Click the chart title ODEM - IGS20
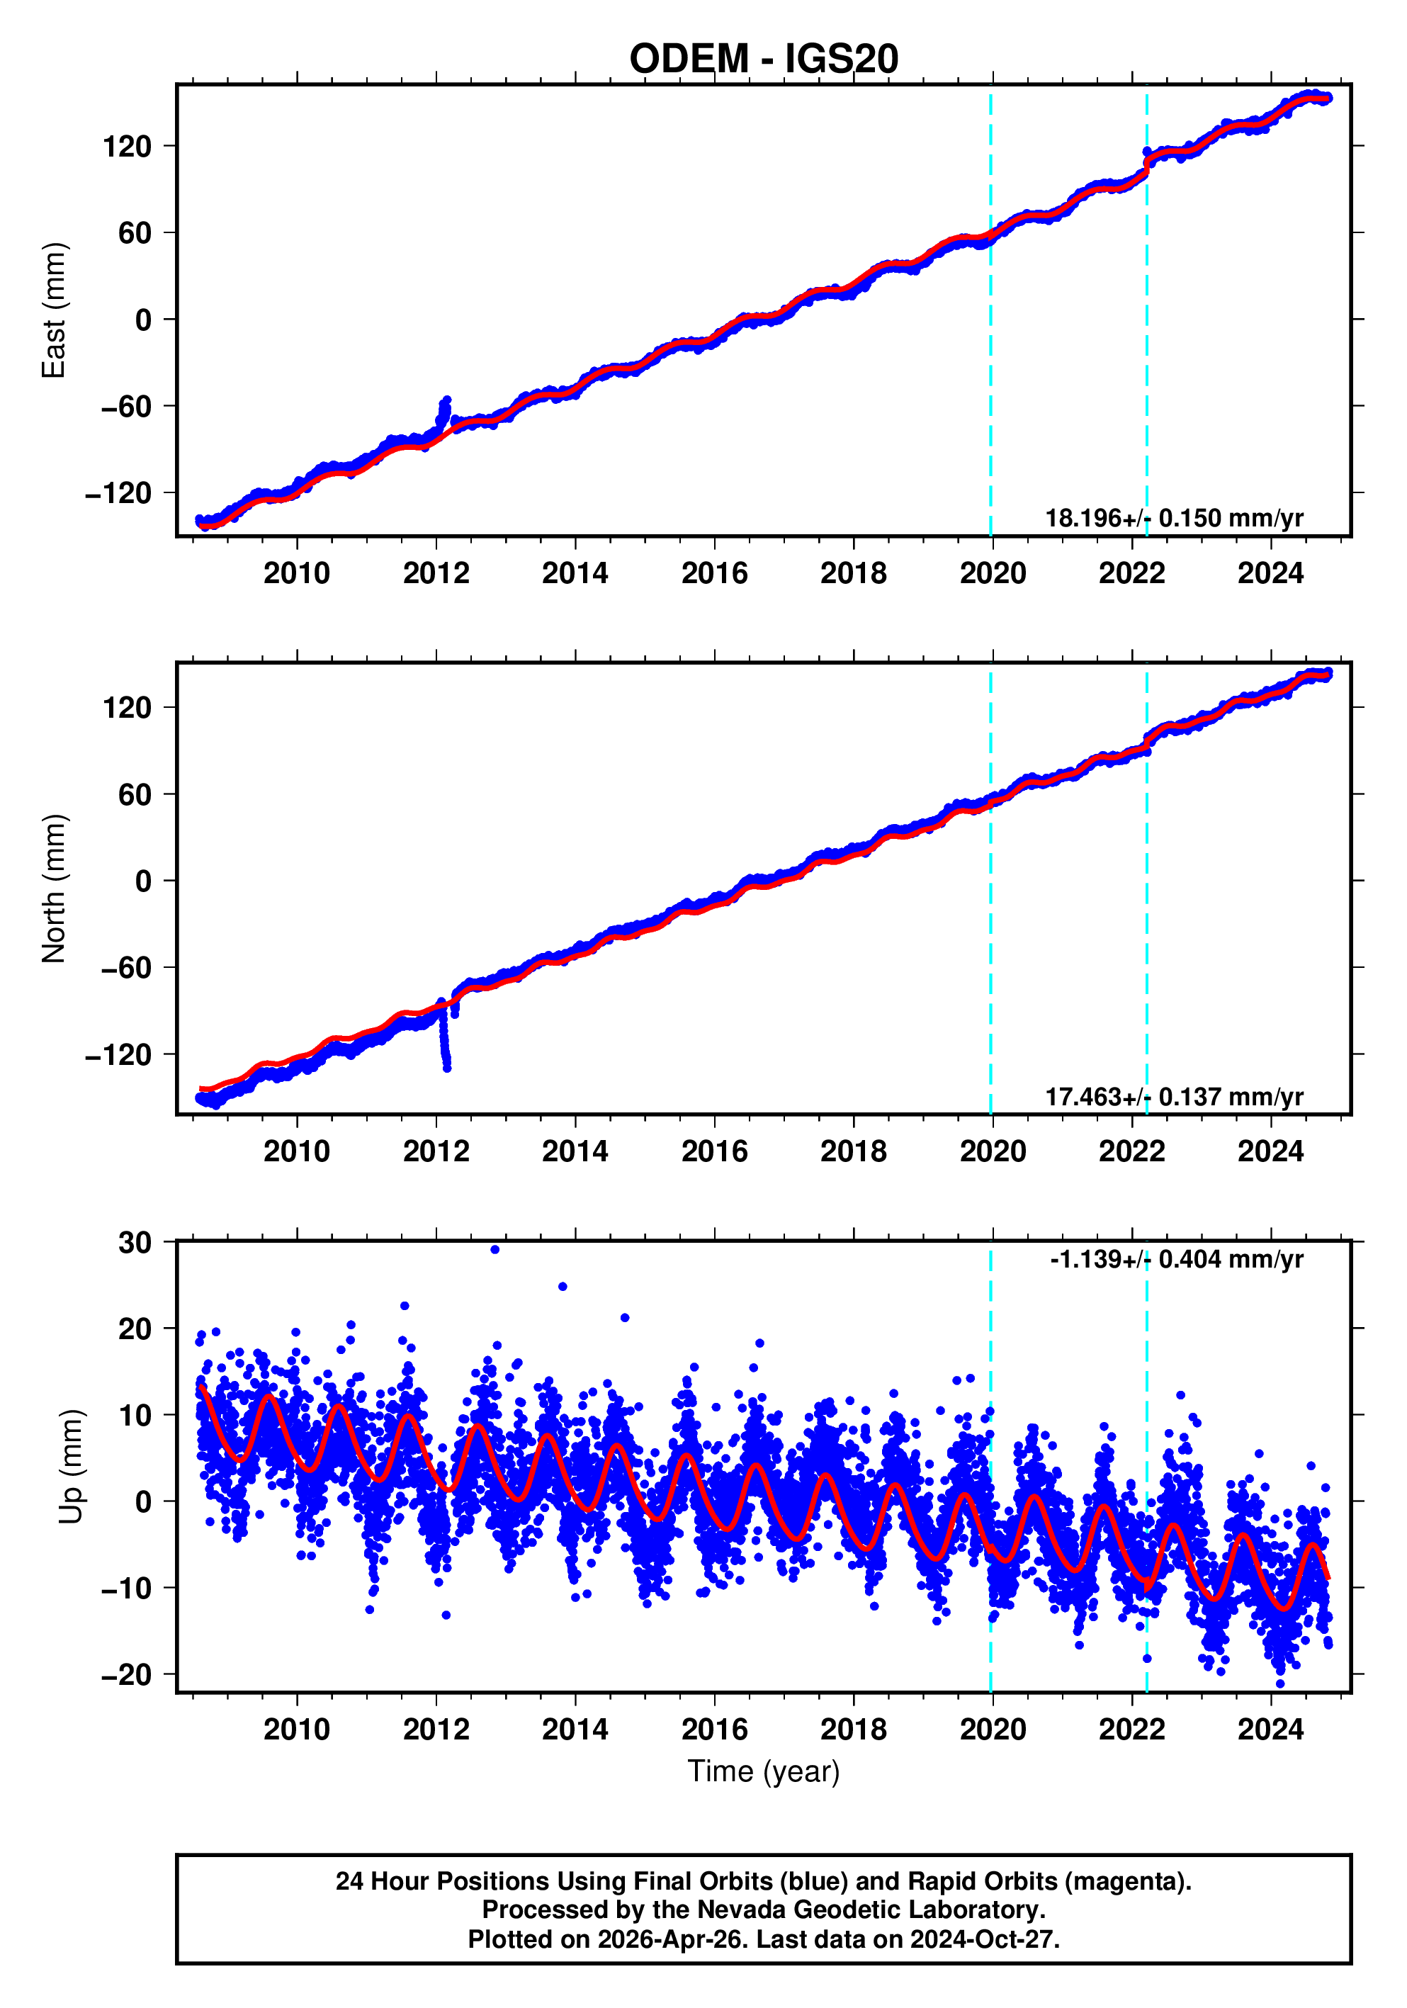coord(764,60)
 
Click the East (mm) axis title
coord(55,310)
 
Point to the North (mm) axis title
coord(55,889)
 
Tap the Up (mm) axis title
coord(72,1467)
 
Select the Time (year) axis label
coord(764,1771)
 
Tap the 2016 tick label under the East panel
coord(713,574)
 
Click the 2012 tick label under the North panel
coord(436,1152)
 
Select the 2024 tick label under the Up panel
coord(1270,1730)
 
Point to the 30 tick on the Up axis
coord(135,1242)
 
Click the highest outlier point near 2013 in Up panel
coord(495,1250)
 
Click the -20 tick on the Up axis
coord(126,1675)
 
